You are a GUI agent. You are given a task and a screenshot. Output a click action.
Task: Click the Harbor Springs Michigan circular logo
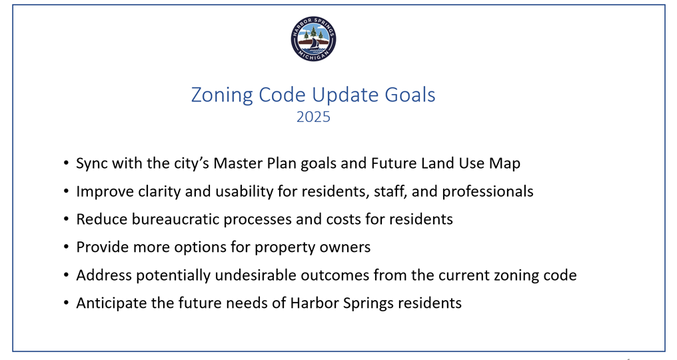pyautogui.click(x=313, y=39)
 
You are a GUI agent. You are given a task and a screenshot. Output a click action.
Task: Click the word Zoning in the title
pyautogui.click(x=222, y=95)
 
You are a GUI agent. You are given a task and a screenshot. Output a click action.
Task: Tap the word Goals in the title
pyautogui.click(x=410, y=95)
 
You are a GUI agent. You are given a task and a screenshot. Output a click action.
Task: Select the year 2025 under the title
pyautogui.click(x=313, y=117)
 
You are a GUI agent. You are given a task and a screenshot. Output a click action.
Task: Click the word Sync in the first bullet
pyautogui.click(x=92, y=164)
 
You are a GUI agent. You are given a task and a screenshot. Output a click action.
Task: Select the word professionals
pyautogui.click(x=488, y=191)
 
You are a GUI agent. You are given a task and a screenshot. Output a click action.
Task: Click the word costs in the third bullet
pyautogui.click(x=344, y=219)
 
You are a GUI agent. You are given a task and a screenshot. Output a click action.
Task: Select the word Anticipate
pyautogui.click(x=111, y=303)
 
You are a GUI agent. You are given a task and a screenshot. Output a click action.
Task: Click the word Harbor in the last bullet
pyautogui.click(x=315, y=303)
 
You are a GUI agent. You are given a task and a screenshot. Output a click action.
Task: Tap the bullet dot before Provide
pyautogui.click(x=66, y=247)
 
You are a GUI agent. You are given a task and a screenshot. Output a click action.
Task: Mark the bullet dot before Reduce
pyautogui.click(x=66, y=219)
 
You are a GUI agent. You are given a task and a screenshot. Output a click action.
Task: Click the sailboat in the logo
pyautogui.click(x=315, y=43)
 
